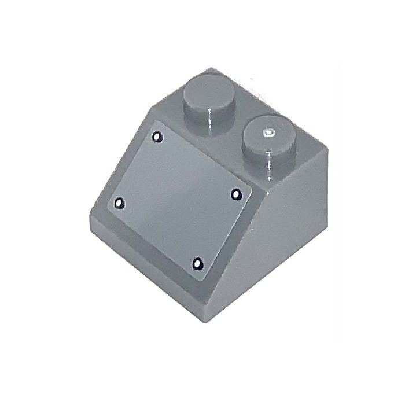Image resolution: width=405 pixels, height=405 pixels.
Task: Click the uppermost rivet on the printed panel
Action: pos(156,137)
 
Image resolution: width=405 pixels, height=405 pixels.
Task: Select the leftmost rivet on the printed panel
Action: pos(120,203)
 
